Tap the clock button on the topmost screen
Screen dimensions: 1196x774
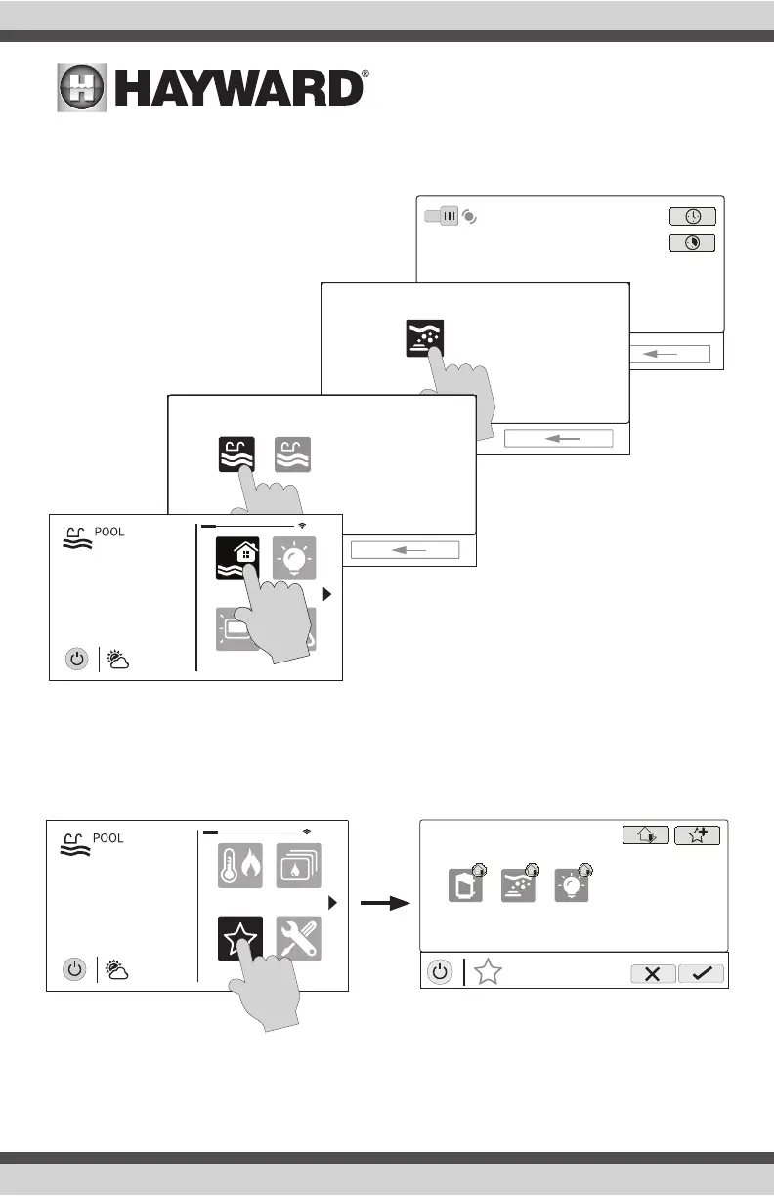[692, 217]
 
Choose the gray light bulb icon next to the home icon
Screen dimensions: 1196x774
[294, 559]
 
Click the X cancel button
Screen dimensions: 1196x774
[653, 973]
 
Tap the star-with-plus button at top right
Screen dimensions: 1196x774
[697, 834]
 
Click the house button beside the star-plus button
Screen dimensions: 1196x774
[645, 834]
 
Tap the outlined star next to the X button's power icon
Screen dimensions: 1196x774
[490, 973]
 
